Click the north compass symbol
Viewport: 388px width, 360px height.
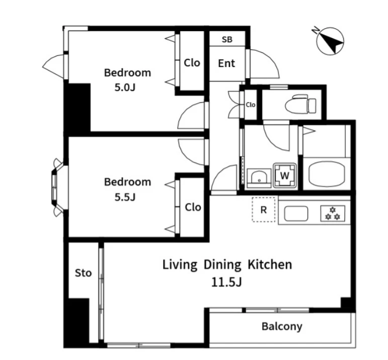coord(330,41)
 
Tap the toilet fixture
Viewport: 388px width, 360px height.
coord(300,104)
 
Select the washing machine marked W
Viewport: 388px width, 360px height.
coord(284,175)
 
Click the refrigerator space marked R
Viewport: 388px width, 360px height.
coord(264,209)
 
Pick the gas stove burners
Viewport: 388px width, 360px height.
coord(333,213)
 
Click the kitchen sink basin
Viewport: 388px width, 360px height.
coord(296,213)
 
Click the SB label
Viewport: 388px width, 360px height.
coord(227,39)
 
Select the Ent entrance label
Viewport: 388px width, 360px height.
coord(226,63)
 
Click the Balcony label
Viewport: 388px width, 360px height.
coord(282,326)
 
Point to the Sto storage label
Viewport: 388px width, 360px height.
coord(83,273)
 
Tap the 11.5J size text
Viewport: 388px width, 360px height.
coord(226,282)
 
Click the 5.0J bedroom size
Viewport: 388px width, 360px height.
coord(125,88)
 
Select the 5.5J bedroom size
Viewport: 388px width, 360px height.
coord(125,197)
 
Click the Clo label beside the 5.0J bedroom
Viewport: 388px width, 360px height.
coord(192,63)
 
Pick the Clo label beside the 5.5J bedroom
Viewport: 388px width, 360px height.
coord(193,207)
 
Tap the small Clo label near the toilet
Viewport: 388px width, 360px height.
coord(251,105)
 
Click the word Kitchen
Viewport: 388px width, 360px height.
coord(270,264)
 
